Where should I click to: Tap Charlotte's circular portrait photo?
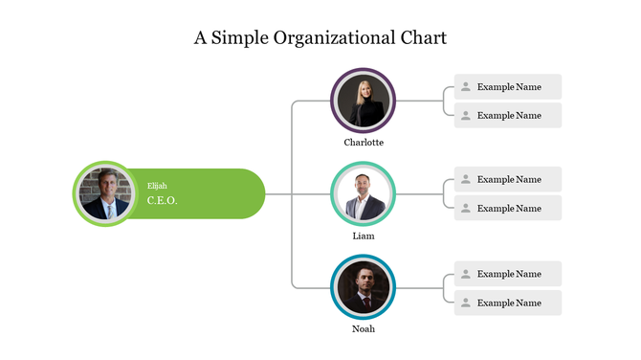(364, 101)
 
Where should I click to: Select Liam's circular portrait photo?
(364, 194)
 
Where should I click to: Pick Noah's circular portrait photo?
(364, 287)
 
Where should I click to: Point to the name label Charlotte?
(364, 143)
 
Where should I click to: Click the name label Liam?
(364, 236)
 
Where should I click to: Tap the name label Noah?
(364, 329)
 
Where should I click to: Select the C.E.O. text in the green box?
(163, 201)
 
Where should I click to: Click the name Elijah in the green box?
(157, 186)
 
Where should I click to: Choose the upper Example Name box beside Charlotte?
(508, 87)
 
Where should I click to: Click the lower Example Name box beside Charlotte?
(508, 116)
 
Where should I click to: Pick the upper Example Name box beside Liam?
(508, 180)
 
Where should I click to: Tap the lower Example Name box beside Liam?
(508, 209)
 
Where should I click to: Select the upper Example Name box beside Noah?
(508, 275)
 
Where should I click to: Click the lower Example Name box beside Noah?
(508, 304)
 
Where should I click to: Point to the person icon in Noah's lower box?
(466, 304)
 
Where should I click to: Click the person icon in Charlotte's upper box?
(466, 87)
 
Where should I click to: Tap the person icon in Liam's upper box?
(466, 180)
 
